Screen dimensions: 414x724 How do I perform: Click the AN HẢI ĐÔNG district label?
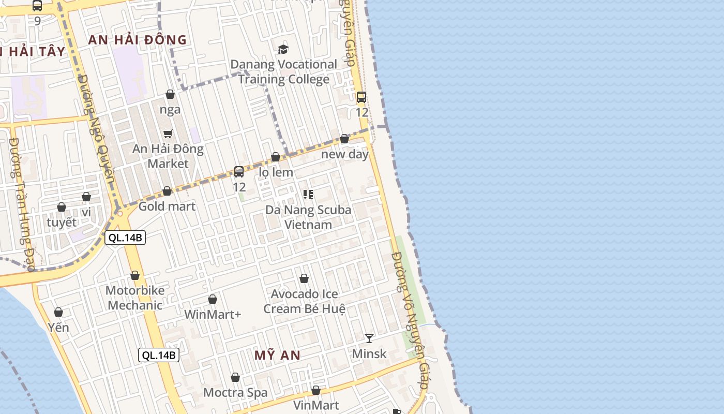[137, 40]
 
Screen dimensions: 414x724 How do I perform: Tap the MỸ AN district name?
[277, 355]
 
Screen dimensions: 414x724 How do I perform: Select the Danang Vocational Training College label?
[283, 72]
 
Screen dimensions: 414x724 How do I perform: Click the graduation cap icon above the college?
[283, 49]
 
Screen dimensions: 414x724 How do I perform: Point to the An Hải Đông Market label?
[168, 156]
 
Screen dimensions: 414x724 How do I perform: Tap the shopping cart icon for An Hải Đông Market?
[168, 134]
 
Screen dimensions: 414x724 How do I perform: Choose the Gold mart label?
[167, 206]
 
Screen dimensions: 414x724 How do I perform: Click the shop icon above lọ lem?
[276, 157]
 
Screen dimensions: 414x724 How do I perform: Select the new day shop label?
[345, 154]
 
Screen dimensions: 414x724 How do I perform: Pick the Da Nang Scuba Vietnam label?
[308, 217]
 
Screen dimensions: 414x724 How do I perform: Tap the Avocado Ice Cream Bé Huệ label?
[304, 301]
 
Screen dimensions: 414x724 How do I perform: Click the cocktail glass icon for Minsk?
[369, 338]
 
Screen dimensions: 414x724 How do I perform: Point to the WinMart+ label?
[213, 314]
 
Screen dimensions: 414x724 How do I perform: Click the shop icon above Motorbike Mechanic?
[135, 275]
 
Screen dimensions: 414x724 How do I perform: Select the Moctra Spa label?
[235, 392]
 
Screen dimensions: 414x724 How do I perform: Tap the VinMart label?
[316, 405]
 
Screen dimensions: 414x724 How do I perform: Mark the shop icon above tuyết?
[62, 208]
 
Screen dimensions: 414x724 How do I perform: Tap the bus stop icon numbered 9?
[37, 6]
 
